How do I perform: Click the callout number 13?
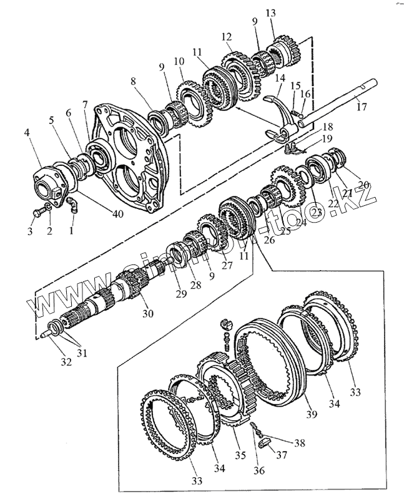point(270,14)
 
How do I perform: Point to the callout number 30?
point(147,313)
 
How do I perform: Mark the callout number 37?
point(282,455)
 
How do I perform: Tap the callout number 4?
point(27,132)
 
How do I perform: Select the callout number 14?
point(278,79)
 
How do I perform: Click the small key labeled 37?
point(265,445)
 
